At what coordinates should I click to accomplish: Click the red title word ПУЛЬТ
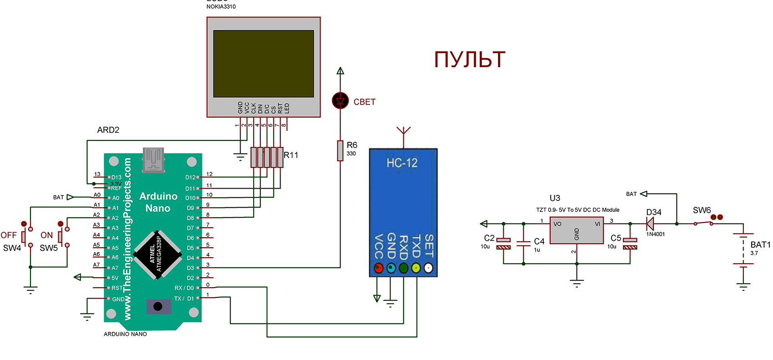tap(470, 60)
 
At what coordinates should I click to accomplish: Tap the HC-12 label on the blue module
tap(402, 163)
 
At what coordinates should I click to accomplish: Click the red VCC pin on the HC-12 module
tap(378, 268)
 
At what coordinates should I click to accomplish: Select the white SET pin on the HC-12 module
tap(428, 268)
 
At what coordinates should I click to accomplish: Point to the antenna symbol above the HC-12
tap(403, 133)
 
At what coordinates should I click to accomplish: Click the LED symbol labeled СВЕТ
tap(340, 100)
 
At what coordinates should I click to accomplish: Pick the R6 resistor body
tap(340, 150)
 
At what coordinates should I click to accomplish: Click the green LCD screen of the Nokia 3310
tap(264, 64)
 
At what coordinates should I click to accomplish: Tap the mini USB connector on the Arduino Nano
tap(153, 160)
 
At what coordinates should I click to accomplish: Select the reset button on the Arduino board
tap(158, 306)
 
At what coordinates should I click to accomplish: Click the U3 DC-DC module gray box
tap(577, 230)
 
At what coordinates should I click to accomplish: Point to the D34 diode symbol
tap(650, 224)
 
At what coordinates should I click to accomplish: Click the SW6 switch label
tap(702, 210)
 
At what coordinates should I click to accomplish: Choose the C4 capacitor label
tap(539, 241)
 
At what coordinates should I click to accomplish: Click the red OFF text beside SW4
tap(9, 235)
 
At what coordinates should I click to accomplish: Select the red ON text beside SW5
tap(47, 235)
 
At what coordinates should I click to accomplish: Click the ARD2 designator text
tap(108, 130)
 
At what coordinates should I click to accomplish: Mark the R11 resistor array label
tap(291, 155)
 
